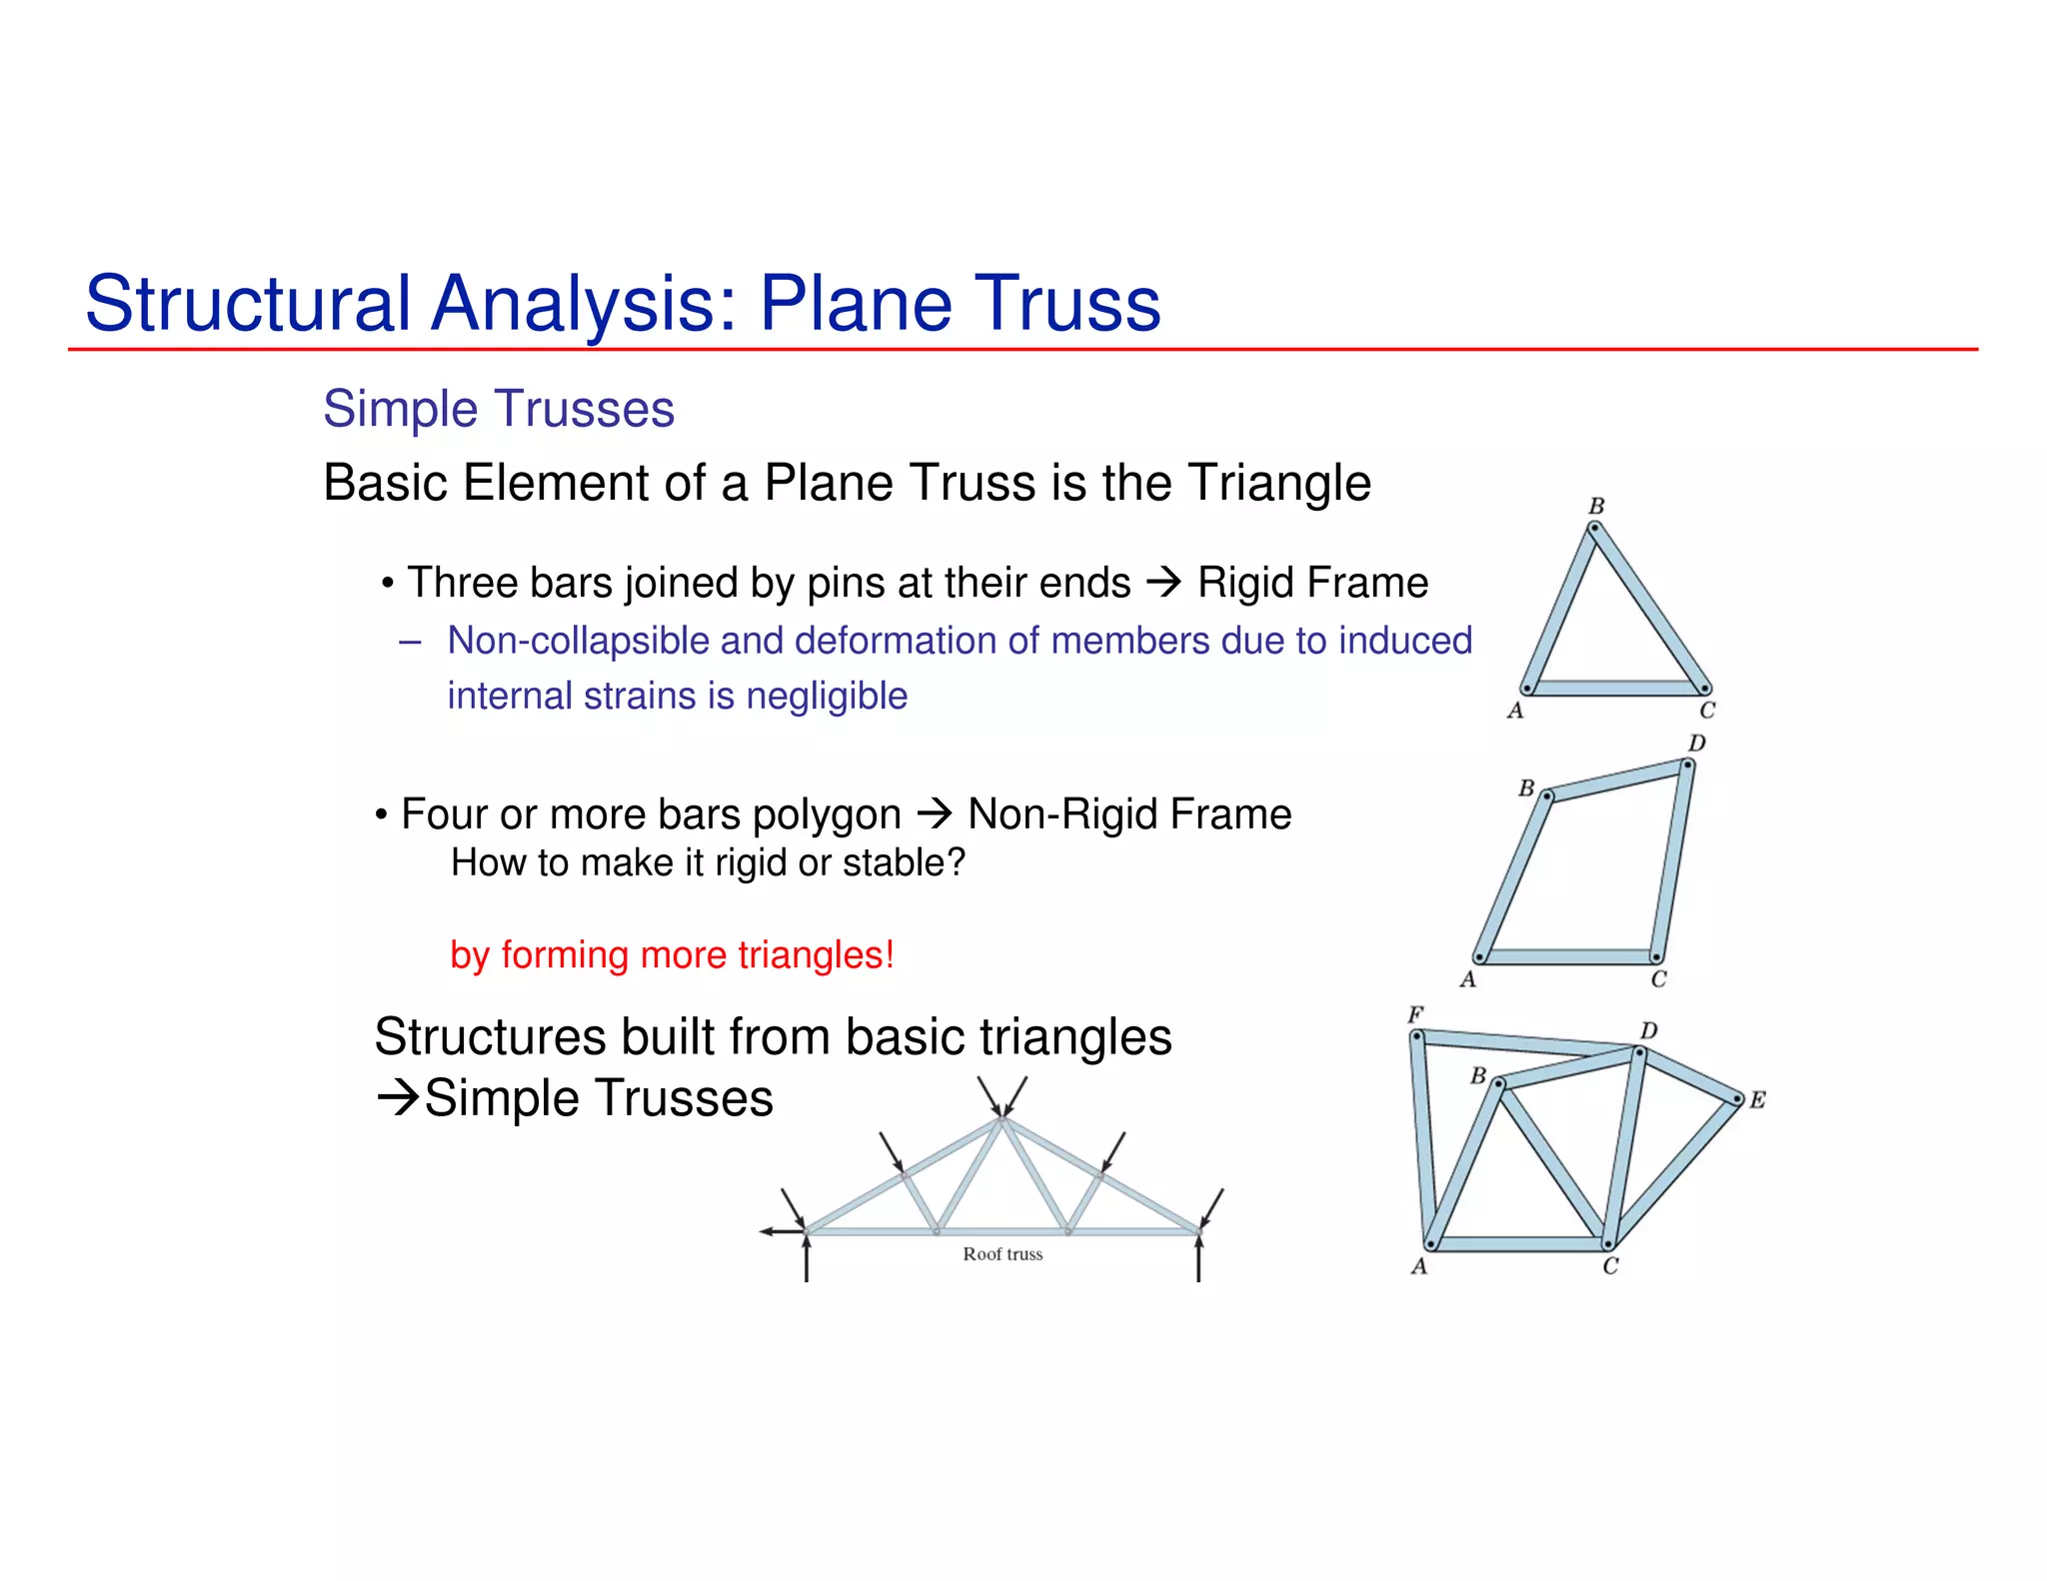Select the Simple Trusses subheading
[499, 409]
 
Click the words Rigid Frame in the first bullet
[1312, 583]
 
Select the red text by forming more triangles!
[672, 954]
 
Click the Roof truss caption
[1003, 1254]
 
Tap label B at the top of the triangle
[1596, 506]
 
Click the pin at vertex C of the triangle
[1704, 688]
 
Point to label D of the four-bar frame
[1697, 744]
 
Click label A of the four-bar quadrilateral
[1467, 979]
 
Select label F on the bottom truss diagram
[1415, 1015]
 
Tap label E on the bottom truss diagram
[1757, 1100]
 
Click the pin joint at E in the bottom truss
[1736, 1100]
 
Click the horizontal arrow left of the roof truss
[781, 1231]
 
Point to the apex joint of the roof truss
[1001, 1122]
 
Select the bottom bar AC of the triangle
[1615, 688]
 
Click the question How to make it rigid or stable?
[708, 862]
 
